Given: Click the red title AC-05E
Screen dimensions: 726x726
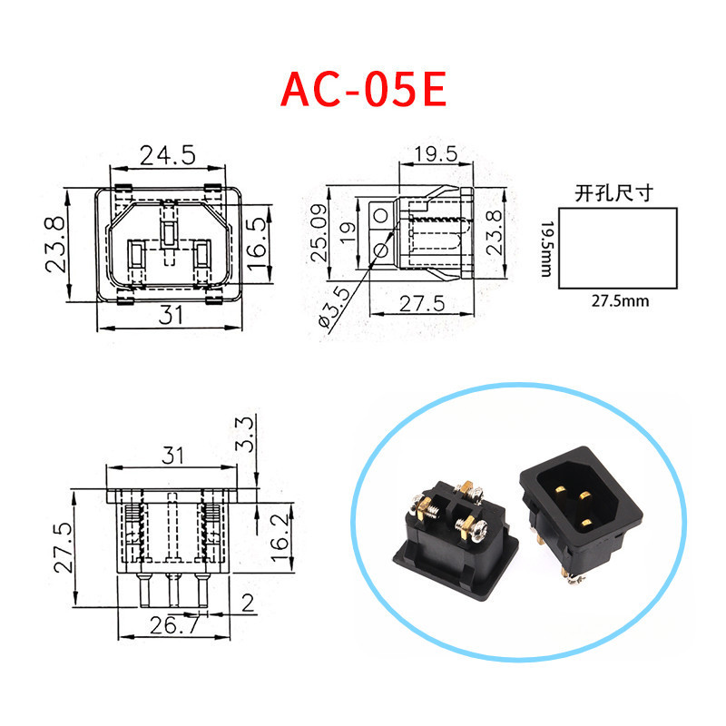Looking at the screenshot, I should (363, 88).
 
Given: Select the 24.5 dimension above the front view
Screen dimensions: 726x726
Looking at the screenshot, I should (168, 155).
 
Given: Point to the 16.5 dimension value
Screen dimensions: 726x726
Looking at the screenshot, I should (257, 237).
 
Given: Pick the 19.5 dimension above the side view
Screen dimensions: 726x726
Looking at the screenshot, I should (436, 153).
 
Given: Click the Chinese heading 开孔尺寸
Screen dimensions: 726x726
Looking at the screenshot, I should (614, 193).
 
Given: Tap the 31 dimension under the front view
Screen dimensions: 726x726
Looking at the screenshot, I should (172, 314).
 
